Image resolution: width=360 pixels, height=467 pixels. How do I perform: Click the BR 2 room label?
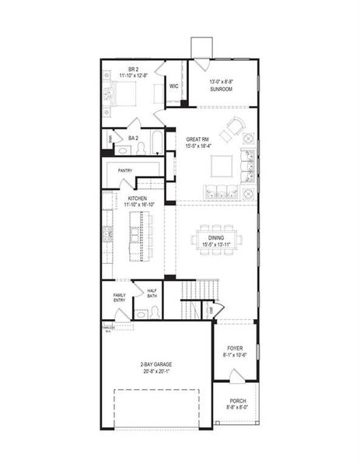click(133, 70)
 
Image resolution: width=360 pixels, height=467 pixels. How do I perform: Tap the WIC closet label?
click(174, 86)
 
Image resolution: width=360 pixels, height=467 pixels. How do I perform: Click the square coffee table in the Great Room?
click(222, 165)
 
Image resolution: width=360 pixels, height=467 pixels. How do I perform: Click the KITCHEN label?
click(137, 198)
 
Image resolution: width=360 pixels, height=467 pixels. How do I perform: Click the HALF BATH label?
click(152, 294)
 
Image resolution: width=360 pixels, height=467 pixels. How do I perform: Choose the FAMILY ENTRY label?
click(119, 298)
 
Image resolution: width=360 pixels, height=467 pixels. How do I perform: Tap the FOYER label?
click(236, 348)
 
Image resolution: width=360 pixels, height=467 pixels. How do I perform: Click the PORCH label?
click(237, 401)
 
